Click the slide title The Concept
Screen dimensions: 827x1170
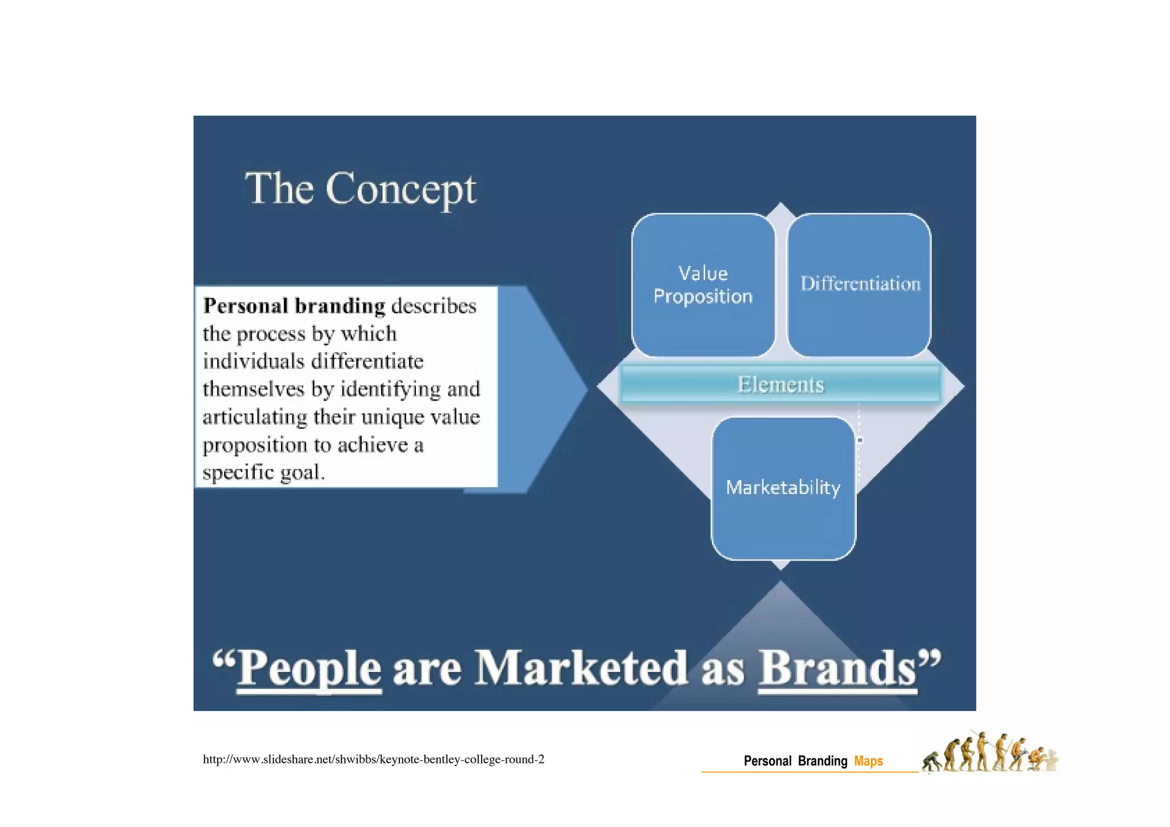(360, 189)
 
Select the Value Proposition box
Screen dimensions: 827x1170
(703, 285)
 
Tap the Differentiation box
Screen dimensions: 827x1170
(860, 284)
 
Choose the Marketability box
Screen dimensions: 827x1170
(783, 488)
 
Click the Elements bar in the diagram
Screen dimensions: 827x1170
(780, 385)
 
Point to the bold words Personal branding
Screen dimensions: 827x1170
(294, 306)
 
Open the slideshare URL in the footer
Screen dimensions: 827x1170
(374, 760)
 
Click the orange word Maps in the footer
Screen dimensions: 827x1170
(868, 761)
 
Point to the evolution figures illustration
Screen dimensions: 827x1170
(989, 753)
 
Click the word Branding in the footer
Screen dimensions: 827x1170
(823, 761)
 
